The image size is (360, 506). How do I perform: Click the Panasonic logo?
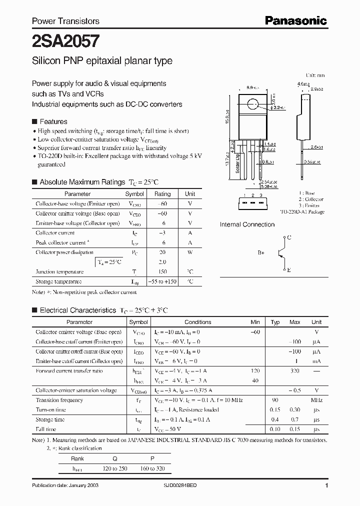295,20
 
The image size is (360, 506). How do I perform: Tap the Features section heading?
53,121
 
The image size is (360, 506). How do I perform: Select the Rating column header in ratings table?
162,194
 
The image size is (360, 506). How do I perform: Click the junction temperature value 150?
162,272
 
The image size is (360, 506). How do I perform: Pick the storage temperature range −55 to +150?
162,281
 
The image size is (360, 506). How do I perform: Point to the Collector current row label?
55,233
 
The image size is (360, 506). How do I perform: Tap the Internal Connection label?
247,224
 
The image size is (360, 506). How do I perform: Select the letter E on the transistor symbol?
288,269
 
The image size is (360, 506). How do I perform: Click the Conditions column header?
198,322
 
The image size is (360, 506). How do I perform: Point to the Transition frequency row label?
59,400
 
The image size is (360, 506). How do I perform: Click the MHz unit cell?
316,400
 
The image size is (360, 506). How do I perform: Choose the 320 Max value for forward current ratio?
295,371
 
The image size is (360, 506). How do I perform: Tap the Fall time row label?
46,429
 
